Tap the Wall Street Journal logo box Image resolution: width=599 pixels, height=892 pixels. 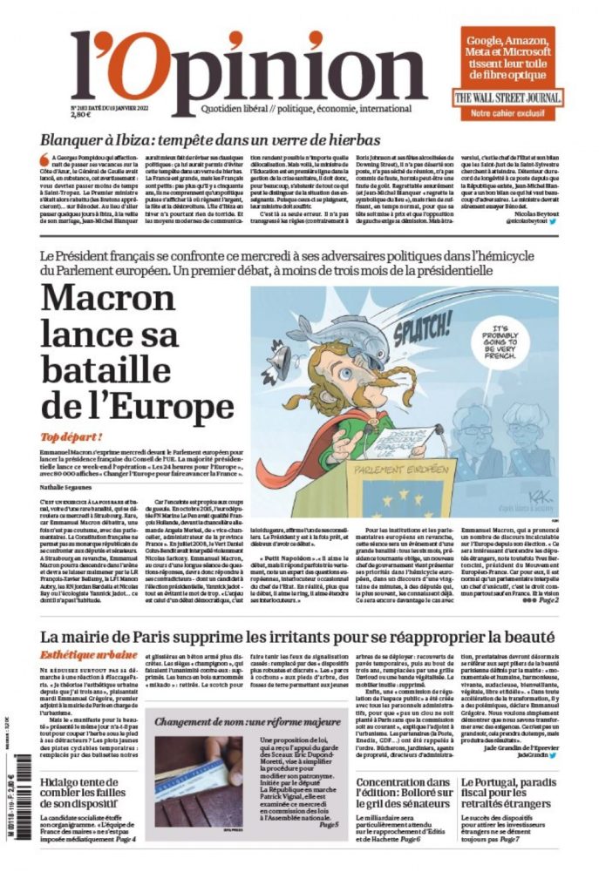507,98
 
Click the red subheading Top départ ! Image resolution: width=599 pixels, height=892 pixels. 71,436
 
